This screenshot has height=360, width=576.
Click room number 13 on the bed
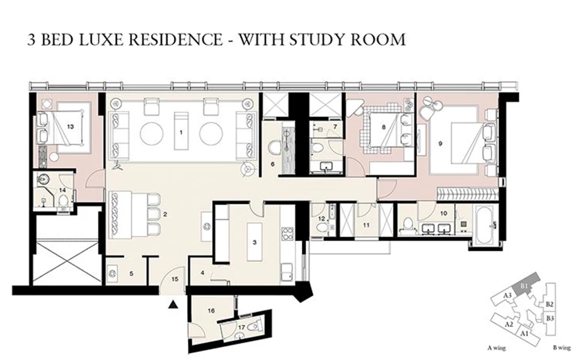click(x=71, y=127)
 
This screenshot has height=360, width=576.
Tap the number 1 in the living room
click(x=181, y=132)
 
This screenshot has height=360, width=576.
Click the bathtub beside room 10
click(x=485, y=224)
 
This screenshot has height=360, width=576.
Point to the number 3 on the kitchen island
click(x=254, y=242)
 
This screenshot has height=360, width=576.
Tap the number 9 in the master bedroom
click(x=440, y=143)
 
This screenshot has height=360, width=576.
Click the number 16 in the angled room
click(x=211, y=311)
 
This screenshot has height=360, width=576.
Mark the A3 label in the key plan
click(x=508, y=295)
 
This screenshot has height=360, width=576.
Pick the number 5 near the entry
click(x=131, y=274)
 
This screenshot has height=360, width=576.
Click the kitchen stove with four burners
click(x=287, y=233)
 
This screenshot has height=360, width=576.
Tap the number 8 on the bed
click(x=383, y=127)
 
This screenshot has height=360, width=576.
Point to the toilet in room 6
click(x=274, y=148)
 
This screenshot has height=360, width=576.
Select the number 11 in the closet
click(x=366, y=225)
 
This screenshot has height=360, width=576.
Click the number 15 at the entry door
click(x=175, y=279)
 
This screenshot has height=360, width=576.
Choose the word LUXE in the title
click(x=100, y=40)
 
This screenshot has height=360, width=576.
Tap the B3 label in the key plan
click(x=550, y=318)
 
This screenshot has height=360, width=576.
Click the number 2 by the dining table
click(x=166, y=214)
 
